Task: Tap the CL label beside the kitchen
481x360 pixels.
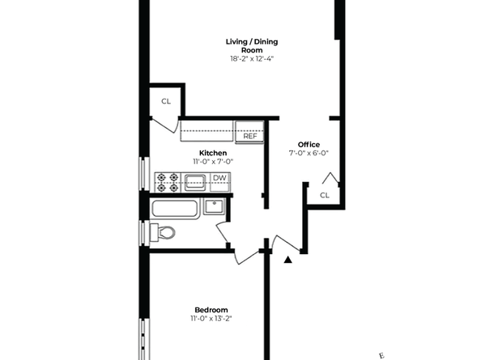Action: coord(166,101)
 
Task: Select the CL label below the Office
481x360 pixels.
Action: coord(325,195)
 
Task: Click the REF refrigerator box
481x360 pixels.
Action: coord(250,136)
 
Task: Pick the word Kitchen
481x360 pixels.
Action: coord(213,153)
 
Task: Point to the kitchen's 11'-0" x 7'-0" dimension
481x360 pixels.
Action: coord(213,162)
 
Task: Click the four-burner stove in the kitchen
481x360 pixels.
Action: coord(168,182)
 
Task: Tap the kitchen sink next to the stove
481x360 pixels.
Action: coord(197,181)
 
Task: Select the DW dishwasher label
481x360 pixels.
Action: coord(219,178)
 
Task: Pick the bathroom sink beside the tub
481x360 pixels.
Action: coord(215,206)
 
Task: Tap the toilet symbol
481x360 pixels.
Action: coord(163,233)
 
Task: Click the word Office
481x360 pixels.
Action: coord(309,144)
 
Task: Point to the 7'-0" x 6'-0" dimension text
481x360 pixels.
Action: coord(309,153)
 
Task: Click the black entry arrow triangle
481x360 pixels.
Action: coord(287,260)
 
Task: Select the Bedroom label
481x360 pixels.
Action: coord(211,310)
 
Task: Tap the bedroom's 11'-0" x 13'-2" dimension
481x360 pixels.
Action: coord(211,319)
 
